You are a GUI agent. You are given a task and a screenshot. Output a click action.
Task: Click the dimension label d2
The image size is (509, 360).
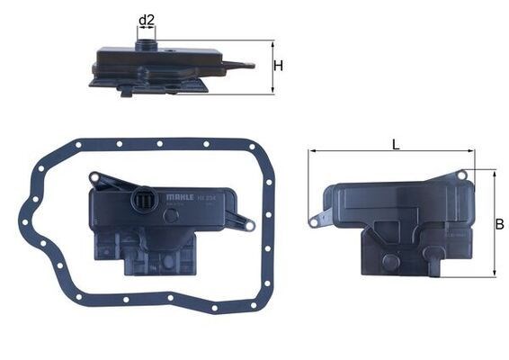click(x=147, y=19)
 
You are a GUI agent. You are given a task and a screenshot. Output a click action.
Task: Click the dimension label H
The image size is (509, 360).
click(x=279, y=66)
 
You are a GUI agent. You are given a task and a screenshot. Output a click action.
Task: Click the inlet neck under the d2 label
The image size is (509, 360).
click(x=146, y=41)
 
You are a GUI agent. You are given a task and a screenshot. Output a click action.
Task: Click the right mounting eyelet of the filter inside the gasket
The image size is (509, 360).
click(x=250, y=224)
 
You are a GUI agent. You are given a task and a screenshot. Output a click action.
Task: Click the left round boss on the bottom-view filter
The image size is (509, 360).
click(x=388, y=262)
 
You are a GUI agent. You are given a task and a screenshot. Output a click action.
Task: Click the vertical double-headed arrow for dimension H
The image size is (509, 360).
click(x=272, y=67)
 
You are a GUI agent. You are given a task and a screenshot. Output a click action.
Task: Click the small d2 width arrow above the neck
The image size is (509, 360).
click(x=147, y=29)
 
